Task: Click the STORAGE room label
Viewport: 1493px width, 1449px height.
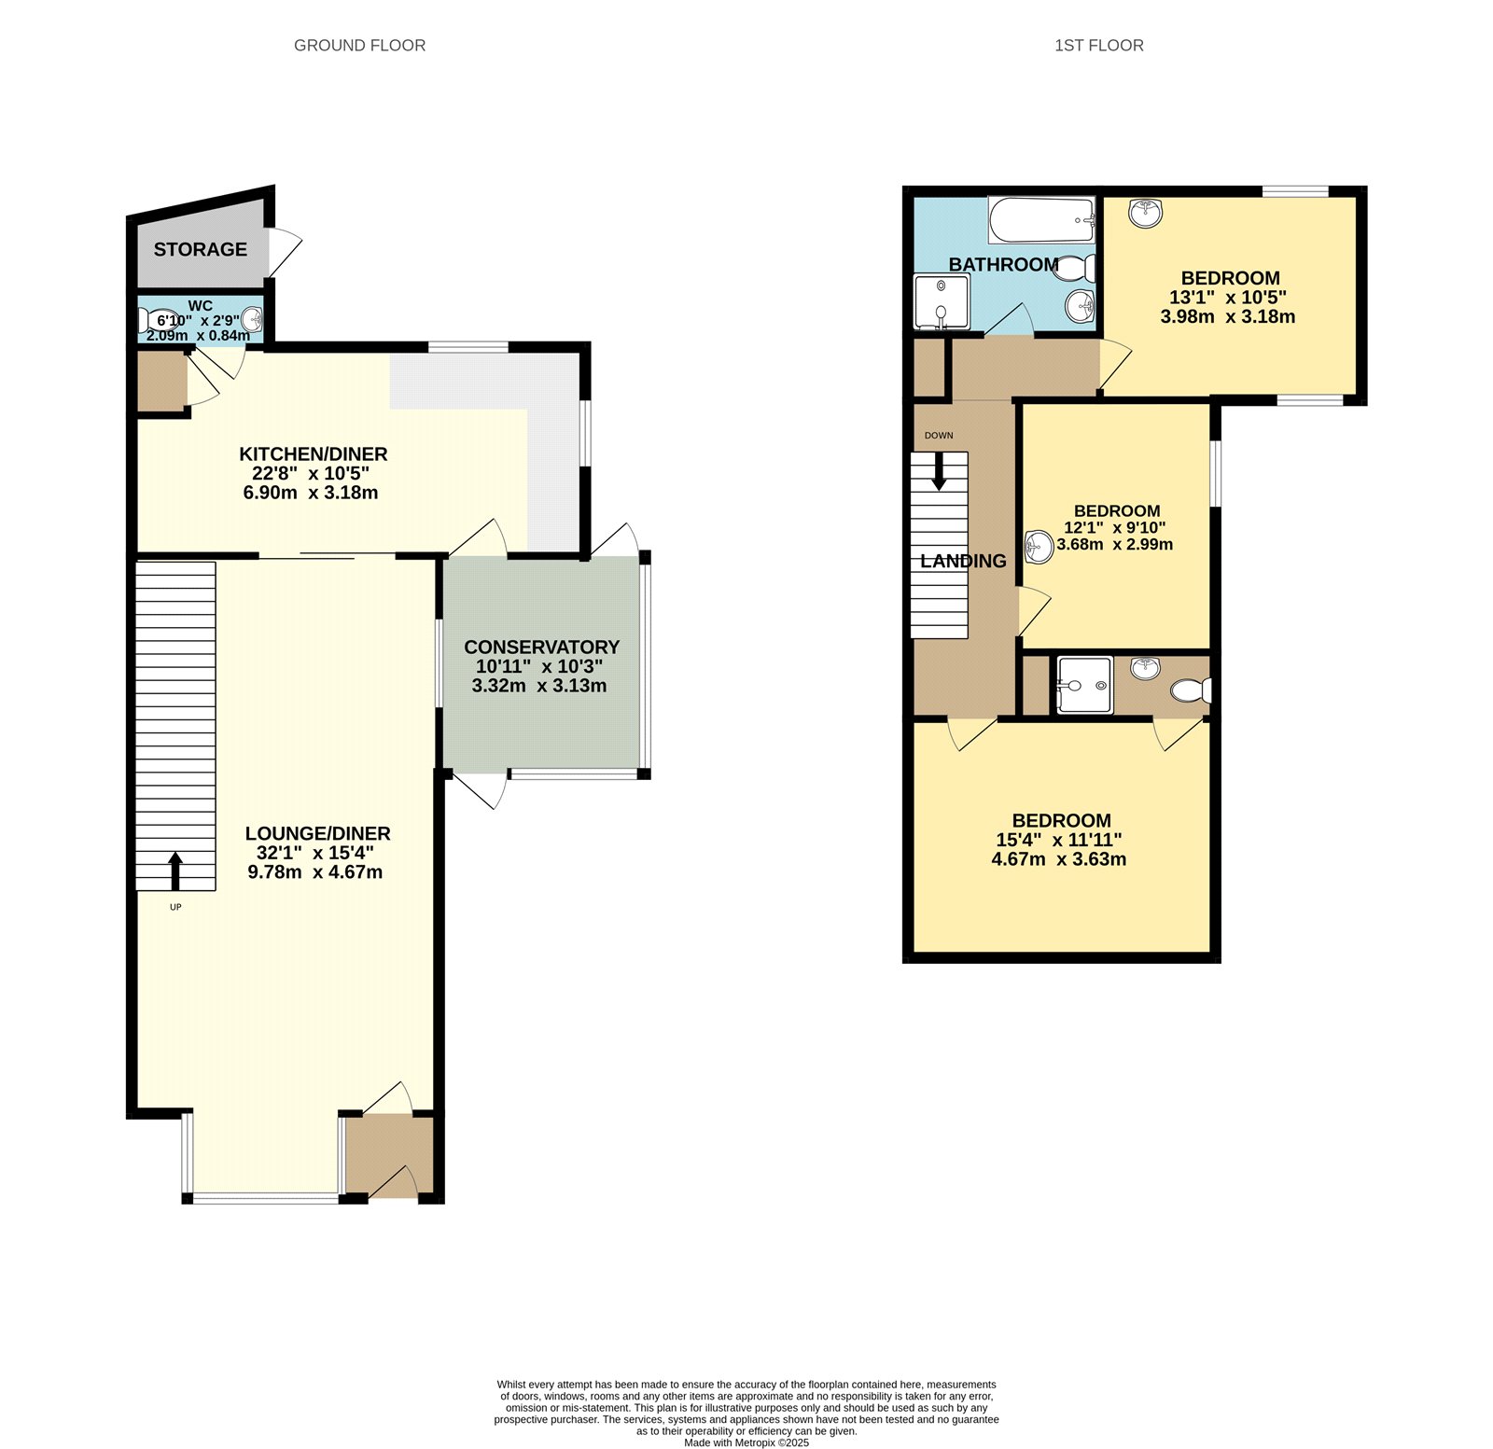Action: pos(200,249)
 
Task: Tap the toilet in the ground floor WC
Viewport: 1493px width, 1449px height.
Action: pos(151,321)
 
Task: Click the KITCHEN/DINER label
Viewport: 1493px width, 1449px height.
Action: pos(313,454)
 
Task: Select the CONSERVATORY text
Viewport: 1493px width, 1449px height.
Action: pos(541,647)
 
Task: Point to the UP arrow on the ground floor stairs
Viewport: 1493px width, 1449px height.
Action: pos(175,871)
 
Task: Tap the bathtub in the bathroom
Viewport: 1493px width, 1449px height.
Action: pos(1040,220)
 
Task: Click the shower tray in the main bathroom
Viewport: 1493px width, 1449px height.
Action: pos(942,302)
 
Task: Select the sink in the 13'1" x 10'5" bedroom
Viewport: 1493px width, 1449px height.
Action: pos(1145,214)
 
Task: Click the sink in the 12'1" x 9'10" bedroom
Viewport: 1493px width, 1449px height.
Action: pos(1038,547)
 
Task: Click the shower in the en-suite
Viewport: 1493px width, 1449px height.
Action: pos(1084,686)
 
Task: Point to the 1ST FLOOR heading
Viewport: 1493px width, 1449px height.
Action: pos(1098,45)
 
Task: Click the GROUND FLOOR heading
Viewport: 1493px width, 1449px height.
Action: pos(359,45)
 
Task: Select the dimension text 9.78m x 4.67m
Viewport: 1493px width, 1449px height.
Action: pos(314,872)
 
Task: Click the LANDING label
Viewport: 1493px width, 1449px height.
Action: pos(963,561)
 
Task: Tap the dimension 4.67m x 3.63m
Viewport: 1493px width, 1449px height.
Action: pos(1058,859)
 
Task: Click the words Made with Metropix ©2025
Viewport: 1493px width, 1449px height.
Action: pos(746,1442)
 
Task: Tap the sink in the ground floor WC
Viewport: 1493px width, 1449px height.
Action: pos(251,319)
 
